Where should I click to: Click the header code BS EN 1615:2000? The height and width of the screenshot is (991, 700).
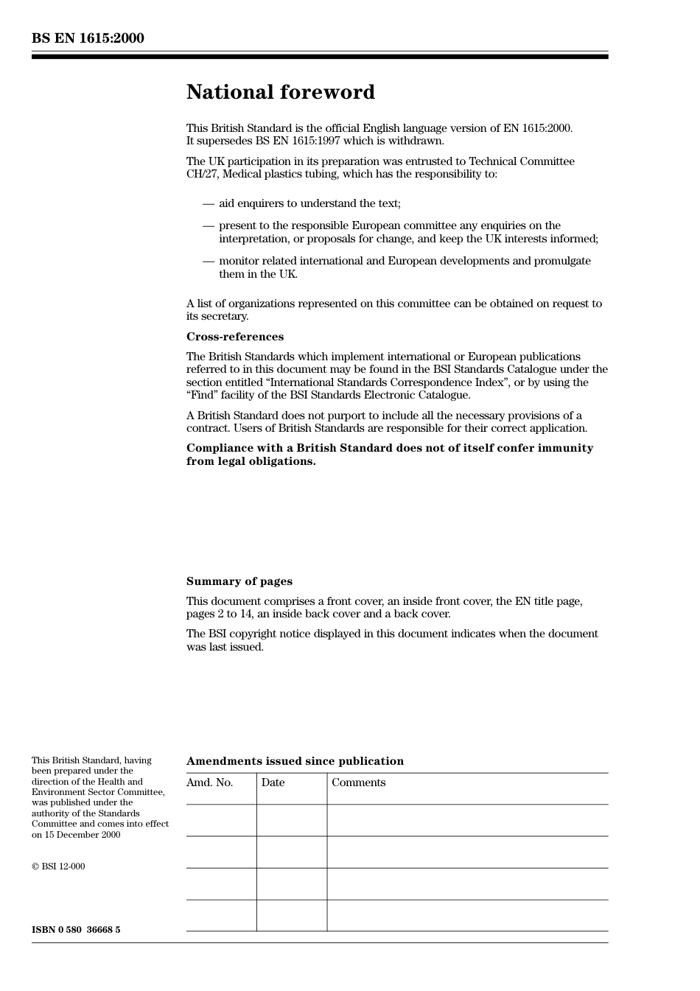[88, 38]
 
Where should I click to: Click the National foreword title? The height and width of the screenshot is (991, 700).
[280, 92]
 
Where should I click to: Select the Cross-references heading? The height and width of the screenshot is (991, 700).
[234, 337]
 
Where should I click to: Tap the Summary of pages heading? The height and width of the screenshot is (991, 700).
[239, 581]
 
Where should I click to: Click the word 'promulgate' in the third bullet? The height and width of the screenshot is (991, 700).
[563, 261]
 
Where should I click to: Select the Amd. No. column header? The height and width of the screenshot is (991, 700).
[209, 782]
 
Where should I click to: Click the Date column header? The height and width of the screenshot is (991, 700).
[273, 782]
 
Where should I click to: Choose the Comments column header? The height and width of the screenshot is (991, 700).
[358, 782]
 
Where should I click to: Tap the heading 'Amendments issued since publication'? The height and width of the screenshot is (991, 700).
[295, 761]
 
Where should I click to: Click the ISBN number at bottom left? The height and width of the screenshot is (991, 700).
[76, 930]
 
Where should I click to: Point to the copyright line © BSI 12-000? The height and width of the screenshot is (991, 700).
[58, 866]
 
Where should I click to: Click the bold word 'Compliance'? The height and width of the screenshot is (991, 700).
[219, 448]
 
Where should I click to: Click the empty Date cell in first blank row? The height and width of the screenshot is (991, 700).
[291, 820]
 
